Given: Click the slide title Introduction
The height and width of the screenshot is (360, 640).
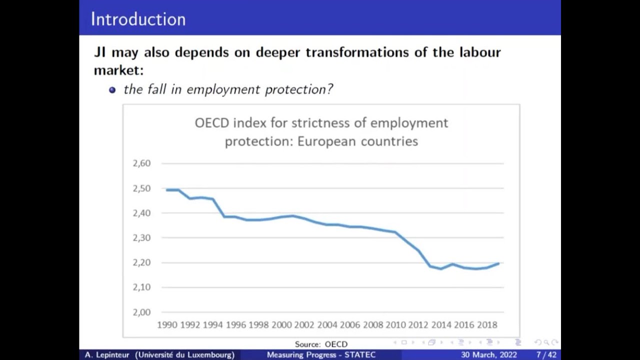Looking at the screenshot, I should [138, 19].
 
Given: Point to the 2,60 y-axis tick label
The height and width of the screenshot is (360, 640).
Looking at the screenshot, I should [141, 163].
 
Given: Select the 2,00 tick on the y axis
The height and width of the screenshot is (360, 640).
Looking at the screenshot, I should [141, 312].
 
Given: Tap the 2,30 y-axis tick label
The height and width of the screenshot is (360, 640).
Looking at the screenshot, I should [141, 238].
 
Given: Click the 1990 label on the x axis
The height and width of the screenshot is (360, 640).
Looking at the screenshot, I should [167, 325].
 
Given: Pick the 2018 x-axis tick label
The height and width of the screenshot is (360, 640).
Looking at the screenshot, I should [487, 325].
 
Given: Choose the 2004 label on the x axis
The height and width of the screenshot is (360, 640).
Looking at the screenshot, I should [327, 325].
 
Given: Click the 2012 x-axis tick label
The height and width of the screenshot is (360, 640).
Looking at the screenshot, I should [418, 325].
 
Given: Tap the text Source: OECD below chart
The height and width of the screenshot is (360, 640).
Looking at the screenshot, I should [321, 344].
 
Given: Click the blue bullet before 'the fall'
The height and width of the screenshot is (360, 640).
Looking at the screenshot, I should [112, 90].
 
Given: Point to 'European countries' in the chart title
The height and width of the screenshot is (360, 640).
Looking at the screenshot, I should [357, 141].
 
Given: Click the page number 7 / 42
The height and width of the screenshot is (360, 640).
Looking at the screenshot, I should [546, 355].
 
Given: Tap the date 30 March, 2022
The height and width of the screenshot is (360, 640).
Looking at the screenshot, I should [489, 355].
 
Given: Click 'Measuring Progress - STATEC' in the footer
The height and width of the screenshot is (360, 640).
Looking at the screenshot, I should [321, 355].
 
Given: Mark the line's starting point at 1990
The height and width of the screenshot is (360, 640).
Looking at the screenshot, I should [166, 190].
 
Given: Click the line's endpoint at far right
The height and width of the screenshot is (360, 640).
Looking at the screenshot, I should [498, 263].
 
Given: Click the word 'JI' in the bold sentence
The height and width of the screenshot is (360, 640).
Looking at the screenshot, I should [99, 52].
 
